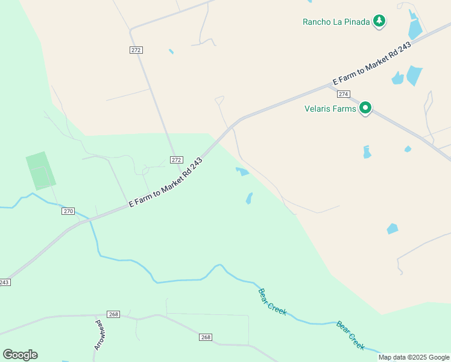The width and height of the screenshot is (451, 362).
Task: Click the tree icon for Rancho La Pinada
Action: [x=379, y=22]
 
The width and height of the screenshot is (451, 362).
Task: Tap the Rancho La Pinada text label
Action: [x=336, y=22]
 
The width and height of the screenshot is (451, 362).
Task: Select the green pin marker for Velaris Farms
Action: [x=365, y=109]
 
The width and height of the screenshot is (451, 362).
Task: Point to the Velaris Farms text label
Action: [x=329, y=109]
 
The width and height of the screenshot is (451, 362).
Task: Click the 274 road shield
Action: [x=344, y=94]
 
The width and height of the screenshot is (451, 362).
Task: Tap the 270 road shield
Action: [x=68, y=211]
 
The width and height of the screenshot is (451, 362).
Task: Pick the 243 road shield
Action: [x=5, y=282]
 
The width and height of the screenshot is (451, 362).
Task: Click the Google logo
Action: [x=20, y=355]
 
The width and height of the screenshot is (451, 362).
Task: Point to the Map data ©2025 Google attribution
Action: [x=414, y=357]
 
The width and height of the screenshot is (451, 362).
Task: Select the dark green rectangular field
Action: [x=40, y=171]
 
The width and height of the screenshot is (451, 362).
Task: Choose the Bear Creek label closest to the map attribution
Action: [x=350, y=335]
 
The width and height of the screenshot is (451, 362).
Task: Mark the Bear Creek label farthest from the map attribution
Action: [x=272, y=302]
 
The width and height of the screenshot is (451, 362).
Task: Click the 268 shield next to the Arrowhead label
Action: [x=113, y=314]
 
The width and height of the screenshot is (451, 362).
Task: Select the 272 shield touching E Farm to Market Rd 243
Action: [x=175, y=160]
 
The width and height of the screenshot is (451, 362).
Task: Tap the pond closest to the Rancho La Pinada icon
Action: [x=415, y=27]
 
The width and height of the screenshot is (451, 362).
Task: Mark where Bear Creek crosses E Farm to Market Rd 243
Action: [x=90, y=220]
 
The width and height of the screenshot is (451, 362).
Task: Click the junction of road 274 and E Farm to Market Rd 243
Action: [x=327, y=86]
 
